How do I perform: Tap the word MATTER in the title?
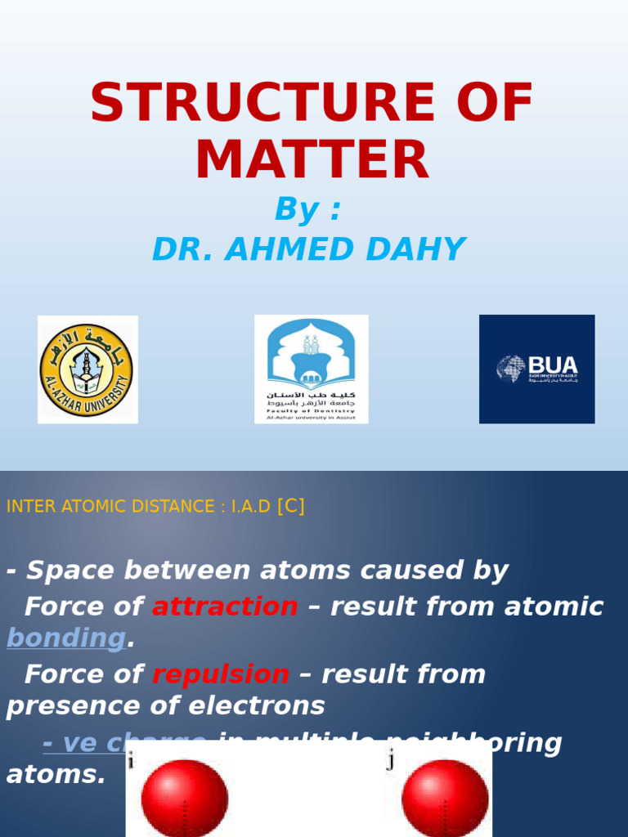click(x=312, y=161)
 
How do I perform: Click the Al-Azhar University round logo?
click(x=87, y=369)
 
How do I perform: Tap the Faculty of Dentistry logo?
click(x=311, y=369)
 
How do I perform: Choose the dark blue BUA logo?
click(x=536, y=369)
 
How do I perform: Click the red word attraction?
click(x=225, y=606)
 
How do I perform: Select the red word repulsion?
click(x=221, y=674)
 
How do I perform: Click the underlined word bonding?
click(x=66, y=638)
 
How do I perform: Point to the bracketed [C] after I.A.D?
click(x=291, y=506)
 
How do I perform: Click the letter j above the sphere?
click(x=391, y=762)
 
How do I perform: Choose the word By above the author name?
click(x=297, y=210)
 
